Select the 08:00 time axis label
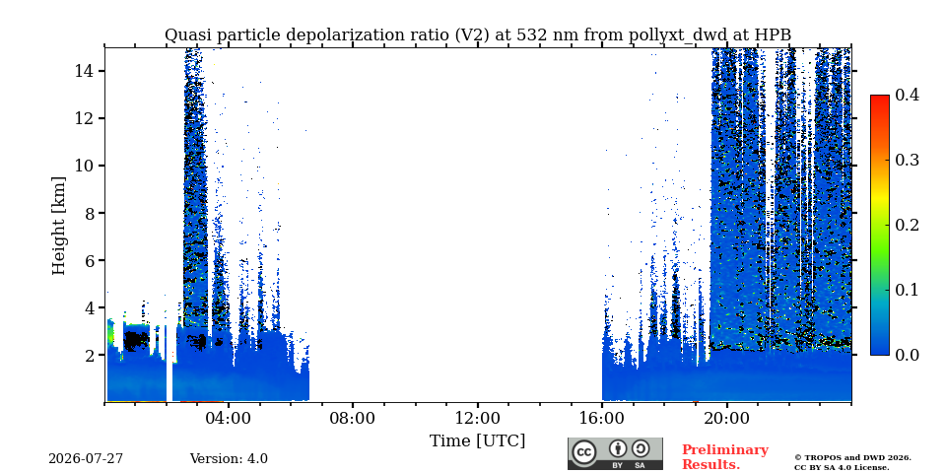click(353, 418)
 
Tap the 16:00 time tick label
click(602, 418)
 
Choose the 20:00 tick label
click(727, 418)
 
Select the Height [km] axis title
click(58, 226)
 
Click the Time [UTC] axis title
click(477, 441)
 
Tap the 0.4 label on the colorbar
click(907, 95)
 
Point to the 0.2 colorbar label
click(907, 225)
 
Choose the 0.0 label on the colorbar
click(907, 355)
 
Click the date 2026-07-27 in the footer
click(86, 459)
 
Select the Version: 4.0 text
click(229, 459)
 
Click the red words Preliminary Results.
click(725, 457)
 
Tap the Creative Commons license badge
click(615, 453)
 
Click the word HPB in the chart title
click(775, 35)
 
